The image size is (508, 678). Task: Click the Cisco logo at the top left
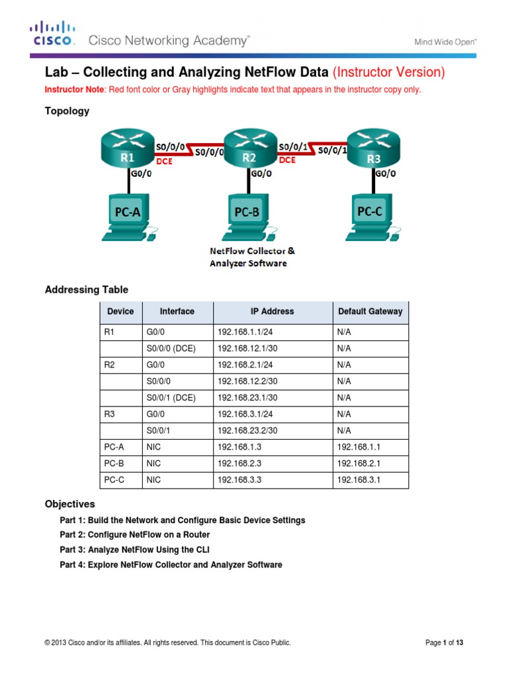coord(54,34)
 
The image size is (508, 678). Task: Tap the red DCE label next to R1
coord(165,161)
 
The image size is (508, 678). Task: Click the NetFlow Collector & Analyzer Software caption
coord(252,257)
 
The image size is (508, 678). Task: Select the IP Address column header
coord(272,311)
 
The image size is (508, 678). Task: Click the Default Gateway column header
coord(370,311)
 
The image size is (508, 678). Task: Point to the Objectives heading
coord(69,504)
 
